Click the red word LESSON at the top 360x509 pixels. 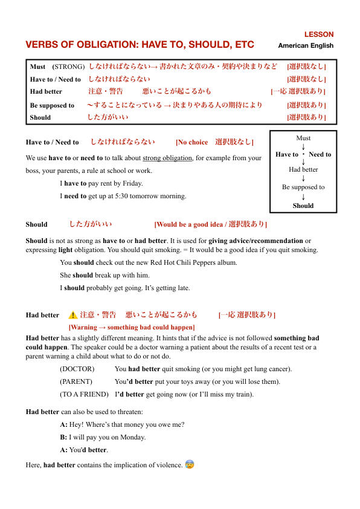coord(318,34)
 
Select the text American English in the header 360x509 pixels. coord(305,45)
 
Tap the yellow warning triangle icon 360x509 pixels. coord(72,314)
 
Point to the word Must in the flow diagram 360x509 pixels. coord(303,138)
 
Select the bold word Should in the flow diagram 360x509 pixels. coord(303,206)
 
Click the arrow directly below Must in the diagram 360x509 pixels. coord(303,146)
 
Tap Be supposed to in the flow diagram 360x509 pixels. coord(303,187)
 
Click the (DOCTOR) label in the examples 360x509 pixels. coord(77,369)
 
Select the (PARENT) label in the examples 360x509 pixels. coord(76,381)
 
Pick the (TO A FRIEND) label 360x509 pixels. coord(84,394)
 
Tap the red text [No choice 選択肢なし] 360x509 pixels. coord(214,142)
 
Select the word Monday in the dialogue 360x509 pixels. coord(133,437)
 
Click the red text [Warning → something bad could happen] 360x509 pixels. coord(131,327)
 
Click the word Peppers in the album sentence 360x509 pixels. coord(202,262)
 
